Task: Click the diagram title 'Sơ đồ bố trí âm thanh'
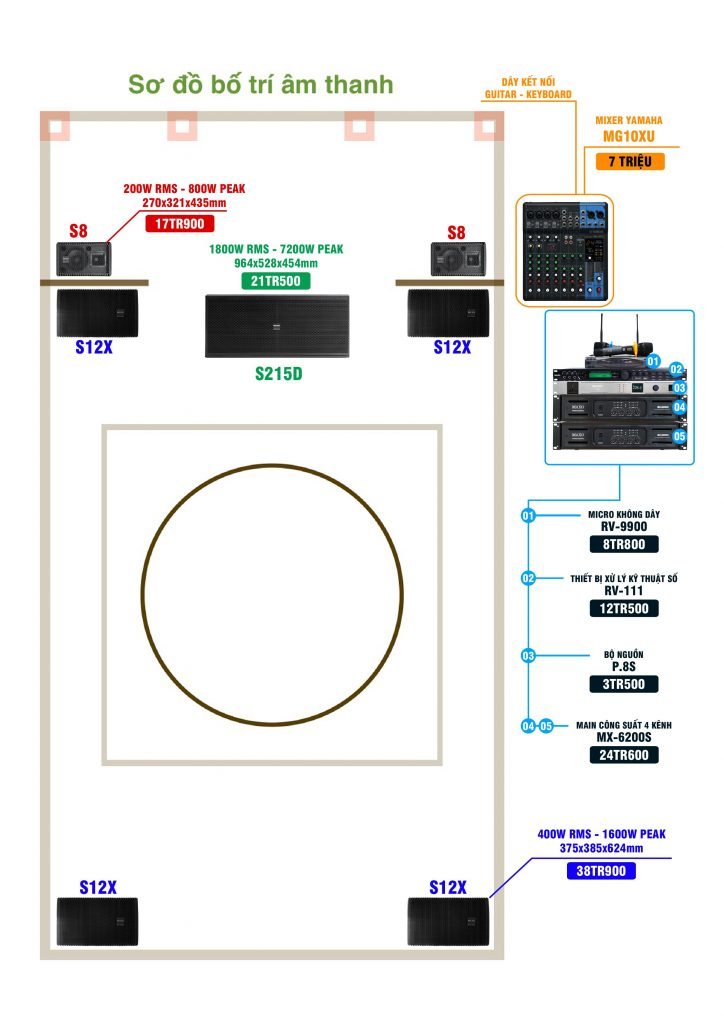click(x=261, y=84)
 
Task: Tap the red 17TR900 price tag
click(x=188, y=224)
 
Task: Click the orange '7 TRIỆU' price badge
click(x=630, y=160)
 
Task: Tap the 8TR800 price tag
click(x=624, y=545)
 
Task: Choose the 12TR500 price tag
click(x=624, y=608)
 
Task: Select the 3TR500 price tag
click(x=624, y=684)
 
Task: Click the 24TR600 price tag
click(x=624, y=755)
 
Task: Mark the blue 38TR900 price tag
click(x=601, y=871)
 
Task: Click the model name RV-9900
click(x=624, y=527)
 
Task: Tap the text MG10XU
click(x=630, y=137)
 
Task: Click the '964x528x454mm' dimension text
click(x=276, y=263)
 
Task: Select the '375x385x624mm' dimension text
click(x=601, y=848)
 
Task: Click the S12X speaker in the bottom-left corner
click(x=97, y=922)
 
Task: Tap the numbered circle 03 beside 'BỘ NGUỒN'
click(x=528, y=656)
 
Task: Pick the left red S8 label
click(x=78, y=232)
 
